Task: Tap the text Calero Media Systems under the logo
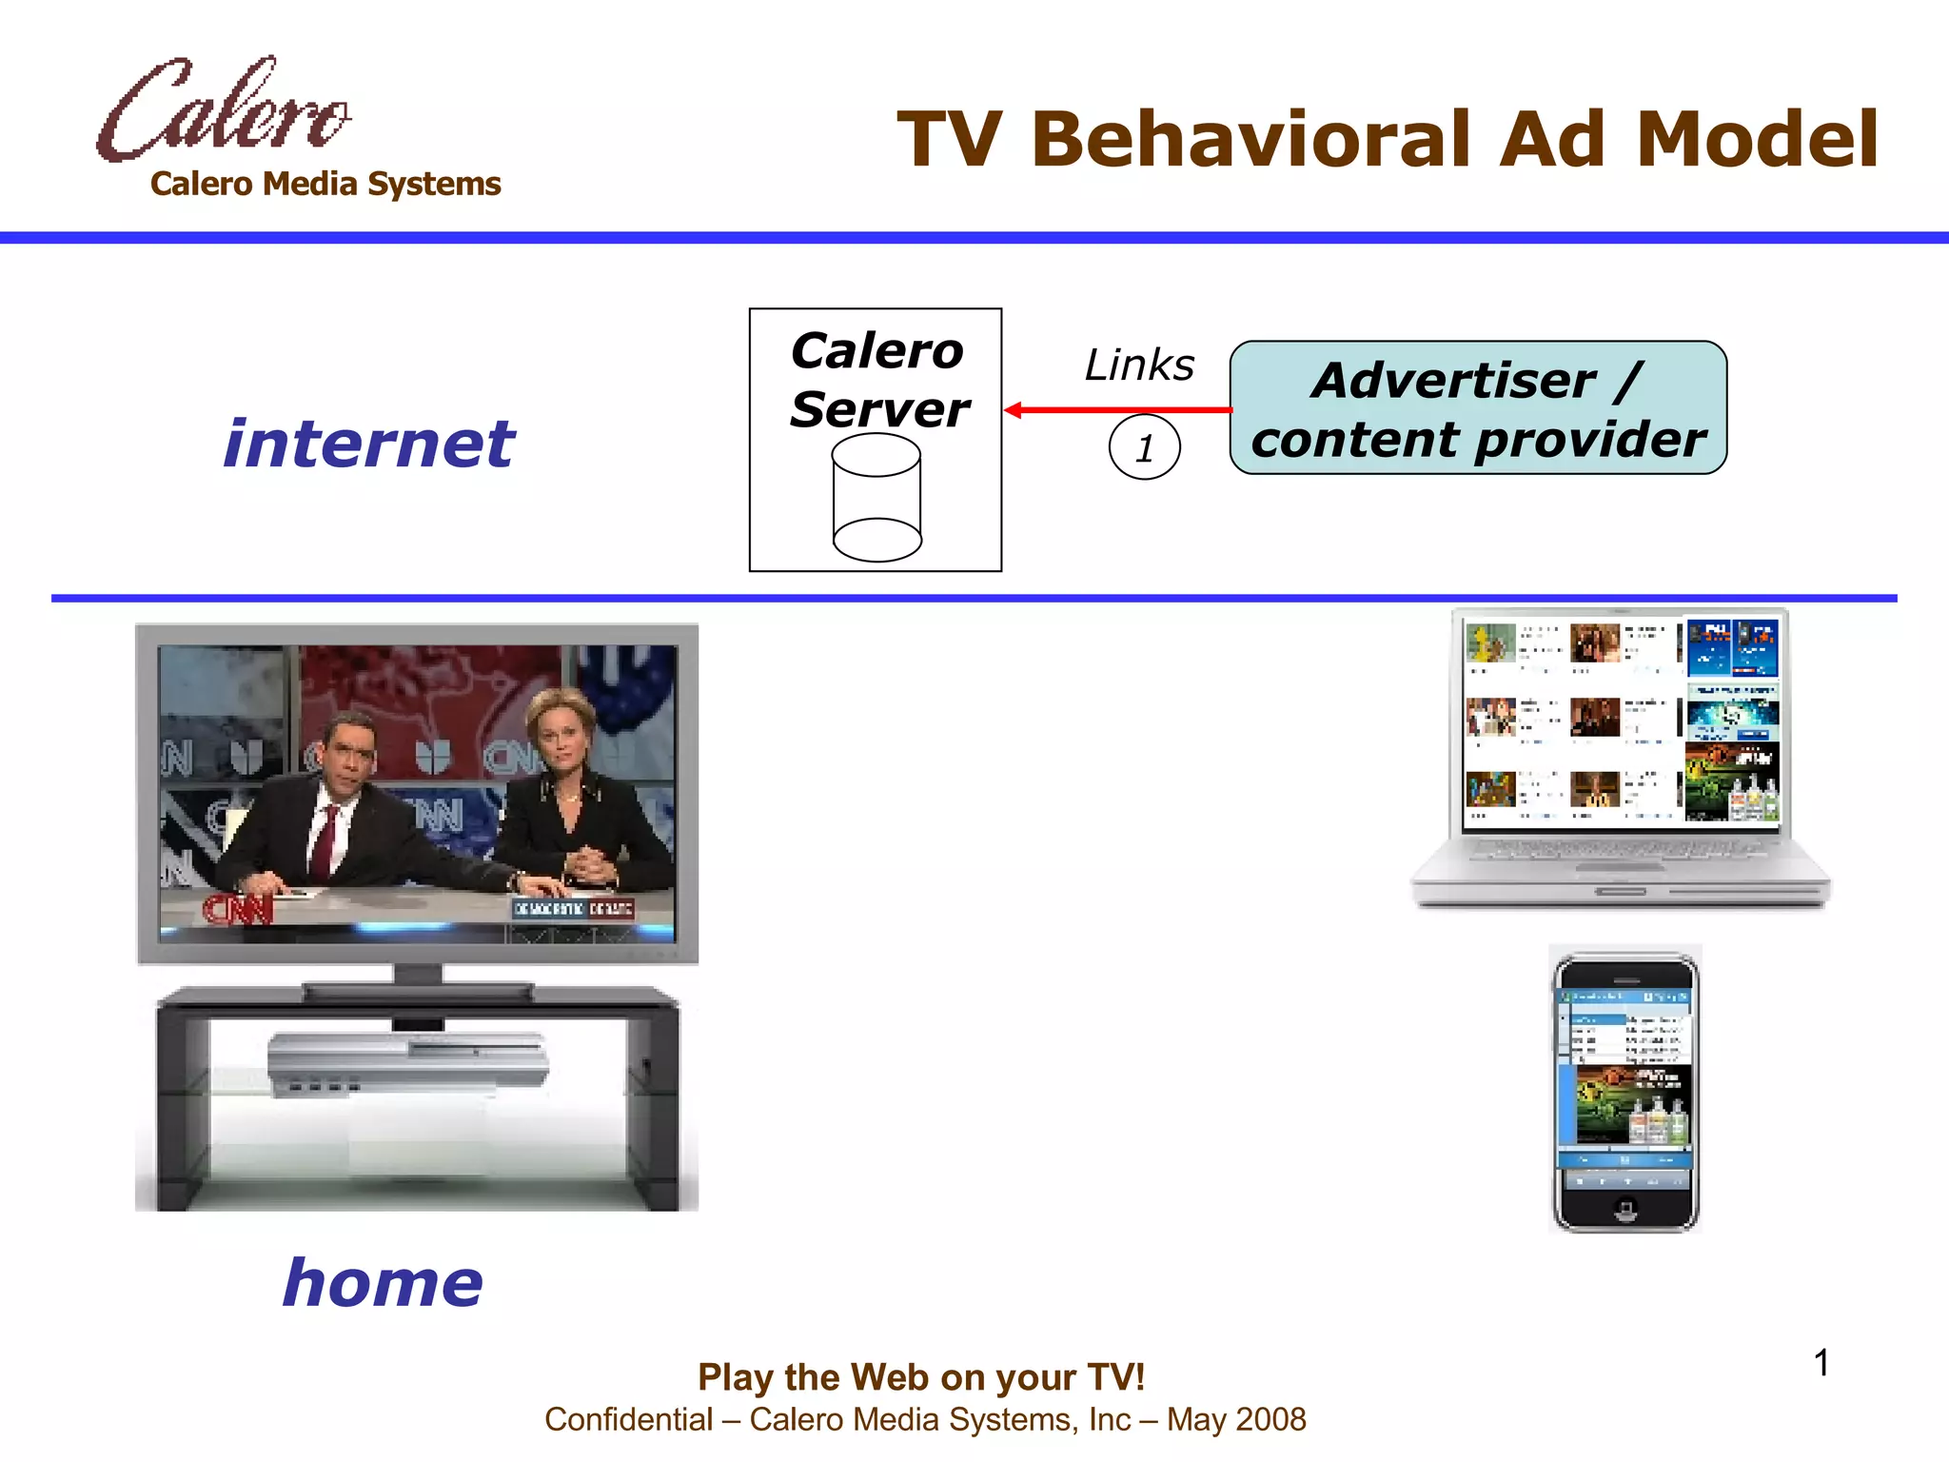point(325,184)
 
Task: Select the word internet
point(369,444)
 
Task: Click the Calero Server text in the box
point(877,380)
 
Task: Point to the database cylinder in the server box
point(876,498)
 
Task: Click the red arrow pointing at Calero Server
point(1117,410)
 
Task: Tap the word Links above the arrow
point(1139,365)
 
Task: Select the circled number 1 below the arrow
point(1144,447)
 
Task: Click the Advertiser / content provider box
point(1478,408)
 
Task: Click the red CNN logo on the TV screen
point(238,909)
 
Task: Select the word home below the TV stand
point(383,1282)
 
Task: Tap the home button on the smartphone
point(1625,1209)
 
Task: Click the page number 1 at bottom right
point(1821,1362)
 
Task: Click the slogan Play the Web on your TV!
point(920,1377)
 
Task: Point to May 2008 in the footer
point(1236,1419)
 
